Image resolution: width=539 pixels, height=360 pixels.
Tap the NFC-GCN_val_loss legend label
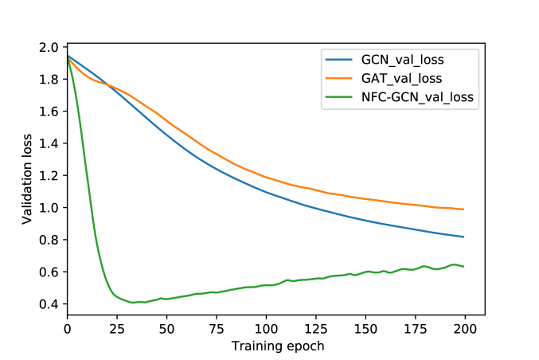click(x=417, y=97)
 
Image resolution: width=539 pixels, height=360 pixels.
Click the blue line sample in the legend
click(x=338, y=59)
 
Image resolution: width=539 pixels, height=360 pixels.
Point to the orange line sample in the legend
click(x=338, y=78)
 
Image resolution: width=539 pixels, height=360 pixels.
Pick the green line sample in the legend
click(x=338, y=97)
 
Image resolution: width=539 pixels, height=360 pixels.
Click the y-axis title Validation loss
click(x=27, y=180)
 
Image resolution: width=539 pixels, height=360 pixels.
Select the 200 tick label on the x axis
click(x=465, y=328)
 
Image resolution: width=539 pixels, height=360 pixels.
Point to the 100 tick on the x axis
click(x=266, y=328)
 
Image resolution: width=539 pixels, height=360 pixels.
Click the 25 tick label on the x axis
click(x=117, y=328)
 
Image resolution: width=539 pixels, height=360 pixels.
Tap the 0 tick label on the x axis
click(x=68, y=328)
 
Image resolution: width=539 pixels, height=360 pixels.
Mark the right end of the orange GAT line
click(x=464, y=209)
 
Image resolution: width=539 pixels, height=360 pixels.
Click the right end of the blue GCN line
click(x=464, y=237)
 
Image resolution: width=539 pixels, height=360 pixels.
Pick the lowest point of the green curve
click(x=133, y=303)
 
